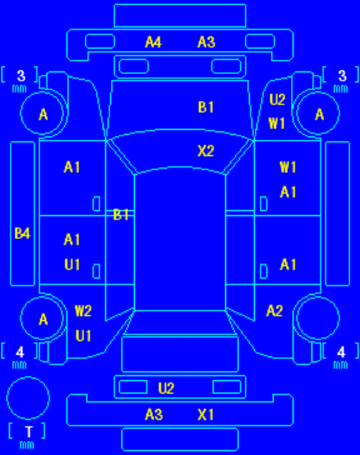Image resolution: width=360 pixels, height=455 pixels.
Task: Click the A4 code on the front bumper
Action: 153,42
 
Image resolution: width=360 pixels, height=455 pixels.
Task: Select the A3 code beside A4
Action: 206,42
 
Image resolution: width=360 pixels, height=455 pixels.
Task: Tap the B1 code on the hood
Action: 206,107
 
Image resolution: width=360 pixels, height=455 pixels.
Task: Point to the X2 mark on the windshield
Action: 206,151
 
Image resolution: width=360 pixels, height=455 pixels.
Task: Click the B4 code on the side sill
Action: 23,233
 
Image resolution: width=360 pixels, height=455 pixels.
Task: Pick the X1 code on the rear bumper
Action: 206,414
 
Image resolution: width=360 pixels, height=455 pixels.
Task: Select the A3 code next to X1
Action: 154,414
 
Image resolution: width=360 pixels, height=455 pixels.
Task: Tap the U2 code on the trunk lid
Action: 166,388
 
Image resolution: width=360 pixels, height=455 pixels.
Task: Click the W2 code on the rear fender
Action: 83,311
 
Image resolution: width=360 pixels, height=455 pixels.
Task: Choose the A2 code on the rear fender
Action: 275,311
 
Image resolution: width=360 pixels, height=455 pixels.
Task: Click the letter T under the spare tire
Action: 28,432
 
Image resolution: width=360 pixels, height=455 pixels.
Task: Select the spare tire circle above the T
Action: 28,377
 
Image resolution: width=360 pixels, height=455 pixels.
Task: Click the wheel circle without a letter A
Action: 318,297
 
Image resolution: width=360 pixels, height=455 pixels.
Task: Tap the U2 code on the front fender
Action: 277,99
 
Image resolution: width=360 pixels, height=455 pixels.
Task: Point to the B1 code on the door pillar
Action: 121,214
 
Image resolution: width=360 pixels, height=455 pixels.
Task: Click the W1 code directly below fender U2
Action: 277,123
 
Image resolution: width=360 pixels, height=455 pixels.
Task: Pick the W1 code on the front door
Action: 288,167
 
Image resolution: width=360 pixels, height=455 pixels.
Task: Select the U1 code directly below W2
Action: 83,336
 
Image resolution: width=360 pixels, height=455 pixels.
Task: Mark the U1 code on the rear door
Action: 72,265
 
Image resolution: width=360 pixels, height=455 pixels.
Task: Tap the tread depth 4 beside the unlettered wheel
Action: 341,352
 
